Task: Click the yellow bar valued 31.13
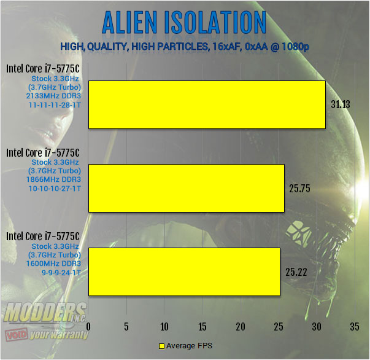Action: pos(207,104)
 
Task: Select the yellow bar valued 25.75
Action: pos(187,188)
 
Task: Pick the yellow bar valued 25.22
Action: pos(184,272)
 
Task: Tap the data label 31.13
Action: pos(341,104)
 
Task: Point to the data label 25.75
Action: pos(299,189)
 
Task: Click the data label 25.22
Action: pos(296,272)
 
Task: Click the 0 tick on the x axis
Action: pos(88,327)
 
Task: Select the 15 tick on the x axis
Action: pos(202,327)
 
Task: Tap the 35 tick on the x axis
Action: pos(355,327)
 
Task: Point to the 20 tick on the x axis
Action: pos(241,327)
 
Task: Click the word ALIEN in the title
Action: pos(130,23)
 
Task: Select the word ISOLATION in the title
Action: pos(215,23)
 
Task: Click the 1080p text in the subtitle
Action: pos(295,47)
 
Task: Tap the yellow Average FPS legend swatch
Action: pos(161,346)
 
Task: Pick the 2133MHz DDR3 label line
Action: pos(53,96)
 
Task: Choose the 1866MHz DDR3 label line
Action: pos(53,179)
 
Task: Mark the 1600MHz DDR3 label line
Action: pos(53,264)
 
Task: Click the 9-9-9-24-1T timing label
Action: pos(61,273)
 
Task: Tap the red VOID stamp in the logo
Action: pos(17,334)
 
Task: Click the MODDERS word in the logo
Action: pos(45,312)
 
